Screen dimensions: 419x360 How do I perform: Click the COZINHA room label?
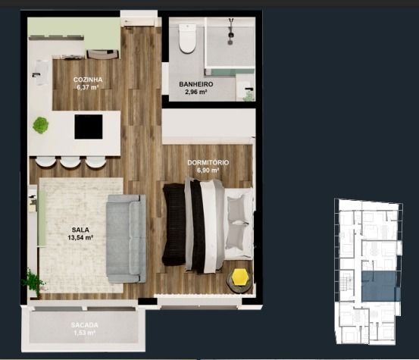(88, 80)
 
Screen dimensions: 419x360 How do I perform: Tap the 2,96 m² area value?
(196, 92)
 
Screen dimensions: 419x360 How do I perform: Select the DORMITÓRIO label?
(208, 162)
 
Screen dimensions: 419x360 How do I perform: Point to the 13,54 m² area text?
(80, 237)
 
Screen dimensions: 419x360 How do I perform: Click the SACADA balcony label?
(84, 325)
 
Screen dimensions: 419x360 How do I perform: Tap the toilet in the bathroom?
(187, 38)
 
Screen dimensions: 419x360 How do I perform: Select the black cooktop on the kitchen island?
(89, 127)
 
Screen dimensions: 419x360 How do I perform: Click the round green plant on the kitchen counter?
(41, 125)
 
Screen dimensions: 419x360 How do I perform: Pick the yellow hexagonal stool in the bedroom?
(240, 277)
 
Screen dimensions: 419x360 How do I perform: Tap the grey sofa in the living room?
(126, 239)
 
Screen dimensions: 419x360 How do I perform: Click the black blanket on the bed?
(174, 224)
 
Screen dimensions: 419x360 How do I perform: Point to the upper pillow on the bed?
(236, 208)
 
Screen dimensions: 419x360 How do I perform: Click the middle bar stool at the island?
(70, 162)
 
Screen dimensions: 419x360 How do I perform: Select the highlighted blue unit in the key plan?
(381, 286)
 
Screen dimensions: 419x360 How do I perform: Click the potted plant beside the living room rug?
(33, 281)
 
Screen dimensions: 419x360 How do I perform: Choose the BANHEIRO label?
(196, 84)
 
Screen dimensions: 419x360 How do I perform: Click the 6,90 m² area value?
(208, 171)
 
